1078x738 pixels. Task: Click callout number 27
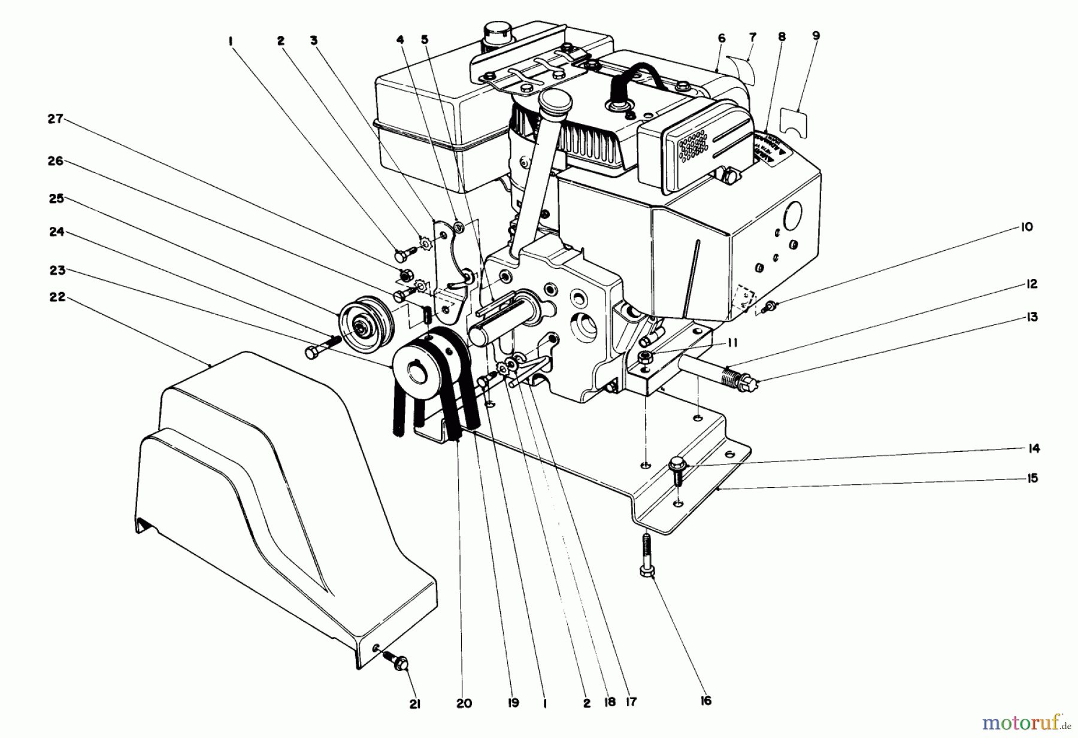[56, 119]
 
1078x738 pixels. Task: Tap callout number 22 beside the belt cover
[57, 297]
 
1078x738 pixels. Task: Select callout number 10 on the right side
[1027, 227]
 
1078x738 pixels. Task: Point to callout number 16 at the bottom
[706, 700]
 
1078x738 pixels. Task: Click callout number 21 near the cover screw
[415, 705]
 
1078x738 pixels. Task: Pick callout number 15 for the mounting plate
[1032, 478]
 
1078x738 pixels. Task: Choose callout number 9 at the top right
[816, 36]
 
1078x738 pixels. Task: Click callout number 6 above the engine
[721, 38]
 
